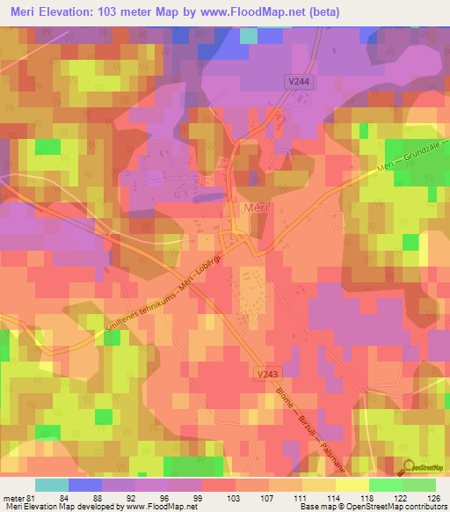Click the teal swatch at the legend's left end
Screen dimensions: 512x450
coord(52,486)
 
